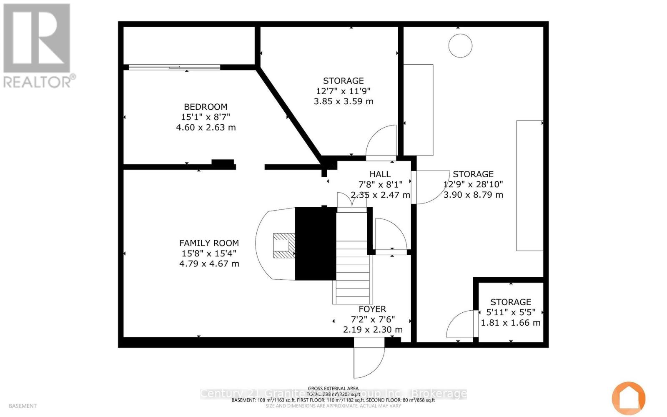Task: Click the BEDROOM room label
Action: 206,107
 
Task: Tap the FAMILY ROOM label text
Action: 209,243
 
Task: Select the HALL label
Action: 380,174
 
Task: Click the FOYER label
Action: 372,309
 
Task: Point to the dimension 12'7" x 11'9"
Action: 343,91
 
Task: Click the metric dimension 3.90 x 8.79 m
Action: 473,195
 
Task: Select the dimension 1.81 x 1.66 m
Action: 511,323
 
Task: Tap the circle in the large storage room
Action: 460,45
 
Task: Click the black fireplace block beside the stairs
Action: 316,244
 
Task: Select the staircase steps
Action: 353,267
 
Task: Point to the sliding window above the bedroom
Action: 174,67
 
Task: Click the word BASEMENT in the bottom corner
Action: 23,406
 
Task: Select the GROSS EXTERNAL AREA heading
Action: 333,388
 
